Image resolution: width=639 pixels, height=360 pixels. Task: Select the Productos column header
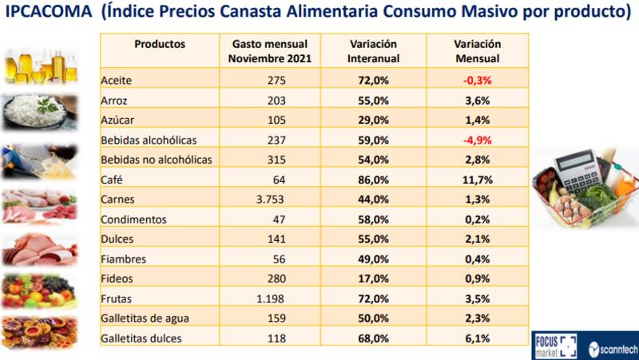pos(160,44)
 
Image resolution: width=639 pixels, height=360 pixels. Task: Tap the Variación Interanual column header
pos(374,51)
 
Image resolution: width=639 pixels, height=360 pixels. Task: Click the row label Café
pos(112,180)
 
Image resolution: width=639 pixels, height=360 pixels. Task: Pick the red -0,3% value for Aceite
pos(477,81)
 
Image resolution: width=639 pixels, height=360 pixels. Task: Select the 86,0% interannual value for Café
pos(374,180)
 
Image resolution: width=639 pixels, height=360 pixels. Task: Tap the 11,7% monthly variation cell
pos(477,180)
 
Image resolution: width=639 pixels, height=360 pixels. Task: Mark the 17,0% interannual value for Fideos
pos(374,279)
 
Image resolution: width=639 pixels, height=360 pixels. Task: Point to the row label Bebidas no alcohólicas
pos(157,160)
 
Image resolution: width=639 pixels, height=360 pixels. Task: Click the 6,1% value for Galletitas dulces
pos(477,338)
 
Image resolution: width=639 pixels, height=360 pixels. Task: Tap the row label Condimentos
pos(133,220)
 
